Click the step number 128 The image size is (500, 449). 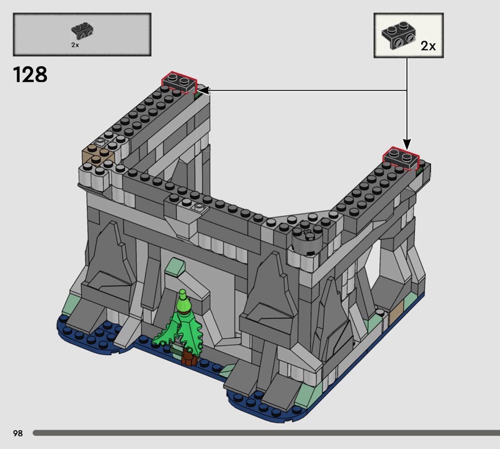pyautogui.click(x=30, y=74)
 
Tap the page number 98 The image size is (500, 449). pyautogui.click(x=18, y=433)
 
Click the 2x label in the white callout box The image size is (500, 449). pyautogui.click(x=428, y=46)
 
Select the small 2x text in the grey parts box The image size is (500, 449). pyautogui.click(x=75, y=45)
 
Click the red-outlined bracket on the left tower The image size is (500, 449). pyautogui.click(x=179, y=82)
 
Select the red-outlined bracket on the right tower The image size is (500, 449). pyautogui.click(x=401, y=158)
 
